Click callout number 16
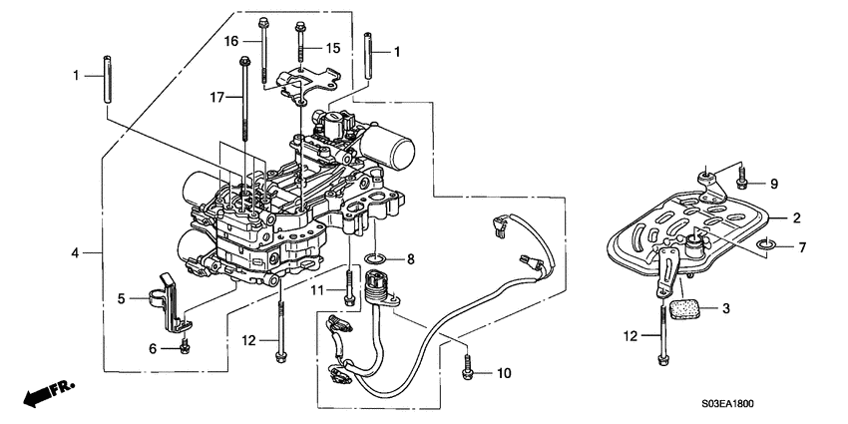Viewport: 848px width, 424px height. [x=230, y=41]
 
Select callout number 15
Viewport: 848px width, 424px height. [x=333, y=48]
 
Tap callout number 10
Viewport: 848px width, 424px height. [x=502, y=373]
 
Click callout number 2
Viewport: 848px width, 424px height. [x=796, y=217]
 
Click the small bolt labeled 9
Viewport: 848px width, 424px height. [x=743, y=182]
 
